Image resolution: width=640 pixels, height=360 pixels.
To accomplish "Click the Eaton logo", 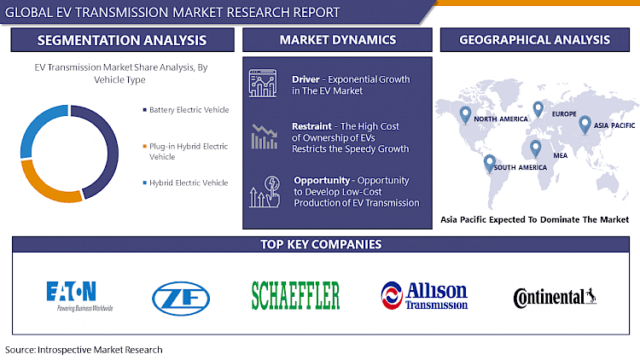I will tap(79, 295).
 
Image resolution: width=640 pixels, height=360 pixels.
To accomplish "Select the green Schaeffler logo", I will tap(295, 295).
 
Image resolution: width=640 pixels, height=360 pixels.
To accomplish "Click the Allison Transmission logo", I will tap(424, 295).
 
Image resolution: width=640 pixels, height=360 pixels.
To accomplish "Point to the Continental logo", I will tap(555, 296).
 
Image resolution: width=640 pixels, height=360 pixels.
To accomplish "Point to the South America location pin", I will tap(490, 161).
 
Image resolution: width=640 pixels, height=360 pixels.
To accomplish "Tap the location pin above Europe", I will tap(538, 108).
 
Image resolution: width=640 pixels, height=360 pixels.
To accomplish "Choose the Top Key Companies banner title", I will tap(320, 245).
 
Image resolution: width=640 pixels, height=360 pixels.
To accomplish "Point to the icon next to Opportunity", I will tap(262, 192).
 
